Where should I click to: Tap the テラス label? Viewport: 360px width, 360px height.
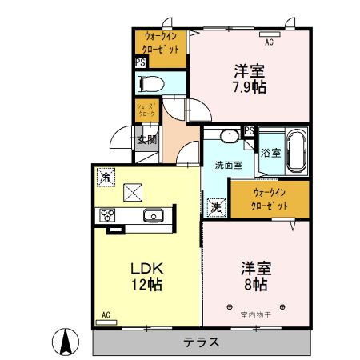pos(202,342)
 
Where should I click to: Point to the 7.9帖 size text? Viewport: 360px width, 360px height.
pos(250,86)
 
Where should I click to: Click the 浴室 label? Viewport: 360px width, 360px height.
pos(270,152)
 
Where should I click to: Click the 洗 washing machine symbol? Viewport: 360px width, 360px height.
pos(215,206)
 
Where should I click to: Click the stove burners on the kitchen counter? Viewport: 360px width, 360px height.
pos(107,214)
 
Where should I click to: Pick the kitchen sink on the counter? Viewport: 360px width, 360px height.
pos(153,214)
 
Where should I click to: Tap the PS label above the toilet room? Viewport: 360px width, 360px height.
pos(140,62)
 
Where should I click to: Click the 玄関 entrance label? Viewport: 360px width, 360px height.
pos(146,139)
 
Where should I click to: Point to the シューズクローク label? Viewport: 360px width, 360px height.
pos(146,110)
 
